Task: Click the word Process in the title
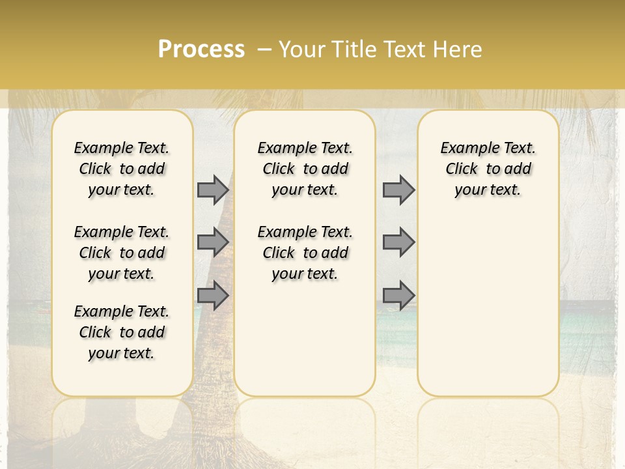[201, 50]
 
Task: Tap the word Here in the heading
[458, 50]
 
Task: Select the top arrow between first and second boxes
[213, 190]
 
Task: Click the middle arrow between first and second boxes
[213, 242]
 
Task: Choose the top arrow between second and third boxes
[398, 190]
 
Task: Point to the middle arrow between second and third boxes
[398, 242]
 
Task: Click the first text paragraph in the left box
[122, 169]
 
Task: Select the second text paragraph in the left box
[122, 253]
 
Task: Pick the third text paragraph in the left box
[122, 332]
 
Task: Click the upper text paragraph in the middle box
[305, 169]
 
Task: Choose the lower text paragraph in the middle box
[305, 253]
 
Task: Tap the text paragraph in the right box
[488, 169]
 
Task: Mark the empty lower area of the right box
[488, 306]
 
